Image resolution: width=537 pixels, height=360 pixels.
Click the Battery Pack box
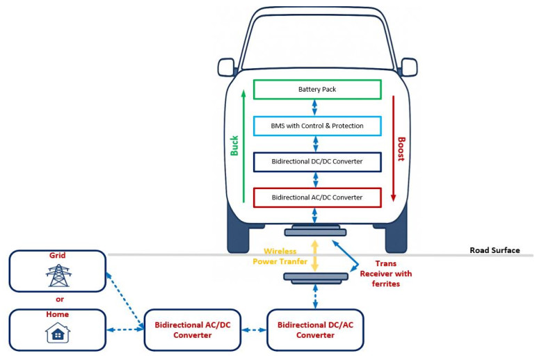(x=316, y=90)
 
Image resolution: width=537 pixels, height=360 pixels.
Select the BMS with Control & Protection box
(x=316, y=126)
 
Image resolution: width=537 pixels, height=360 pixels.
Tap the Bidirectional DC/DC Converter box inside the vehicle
(x=316, y=162)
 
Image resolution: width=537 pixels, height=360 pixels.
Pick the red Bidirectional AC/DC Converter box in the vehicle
(x=316, y=198)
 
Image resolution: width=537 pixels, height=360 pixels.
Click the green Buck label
(x=234, y=144)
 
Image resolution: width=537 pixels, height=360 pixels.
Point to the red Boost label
(x=401, y=148)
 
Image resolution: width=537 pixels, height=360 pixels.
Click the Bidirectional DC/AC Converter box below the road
(x=315, y=329)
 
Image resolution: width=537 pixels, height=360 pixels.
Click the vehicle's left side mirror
(x=226, y=67)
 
